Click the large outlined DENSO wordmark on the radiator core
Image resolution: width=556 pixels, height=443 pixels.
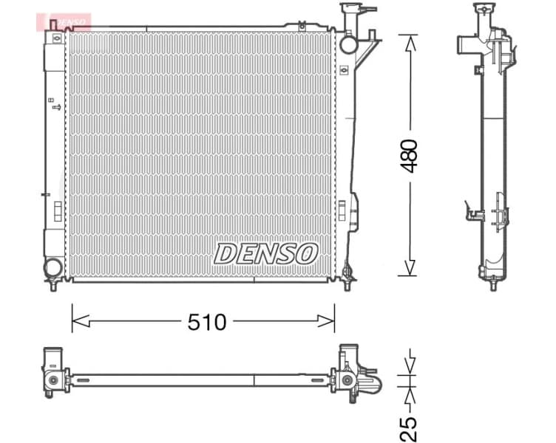(266, 254)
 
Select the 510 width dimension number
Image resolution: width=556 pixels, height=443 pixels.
(206, 321)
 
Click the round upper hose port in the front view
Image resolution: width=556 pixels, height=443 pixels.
(348, 44)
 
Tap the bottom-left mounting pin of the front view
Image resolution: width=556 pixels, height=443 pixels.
(54, 286)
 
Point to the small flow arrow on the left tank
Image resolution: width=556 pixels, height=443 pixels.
(56, 108)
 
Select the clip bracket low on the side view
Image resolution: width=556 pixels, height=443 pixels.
(474, 215)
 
